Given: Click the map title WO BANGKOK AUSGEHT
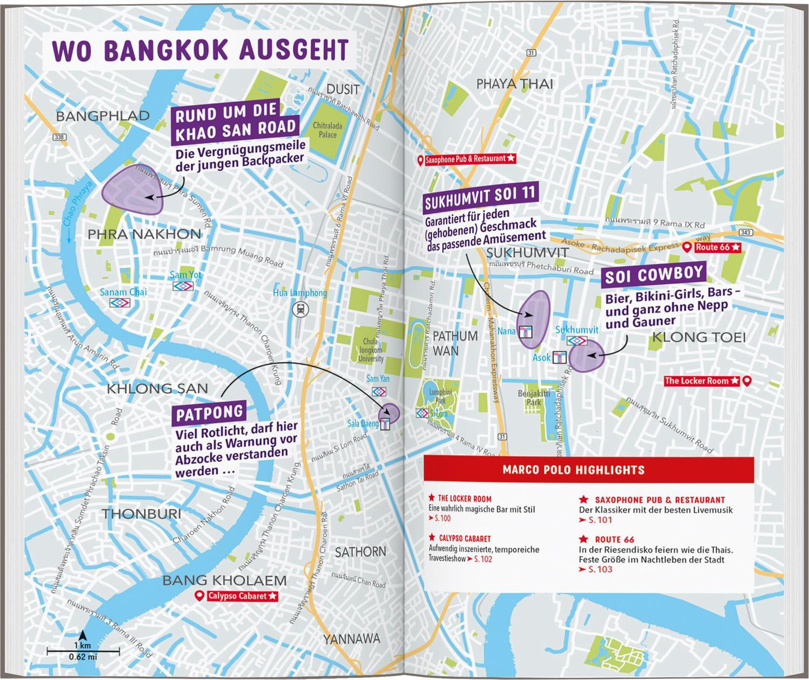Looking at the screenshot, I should point(200,50).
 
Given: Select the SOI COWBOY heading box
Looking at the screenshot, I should point(653,275).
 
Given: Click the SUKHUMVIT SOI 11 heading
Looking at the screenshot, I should point(480,199).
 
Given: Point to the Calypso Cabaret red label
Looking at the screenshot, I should point(237,596).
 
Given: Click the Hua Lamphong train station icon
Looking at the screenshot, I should point(301,309).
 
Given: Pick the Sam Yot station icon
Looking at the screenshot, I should point(183,286).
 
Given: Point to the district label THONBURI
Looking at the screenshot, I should point(141,514).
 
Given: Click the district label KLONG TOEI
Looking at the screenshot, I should point(699,337).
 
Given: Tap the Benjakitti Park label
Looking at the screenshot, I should point(533,398).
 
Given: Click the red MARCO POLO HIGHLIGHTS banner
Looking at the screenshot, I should point(588,470).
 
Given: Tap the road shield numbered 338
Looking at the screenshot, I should point(59,137).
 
